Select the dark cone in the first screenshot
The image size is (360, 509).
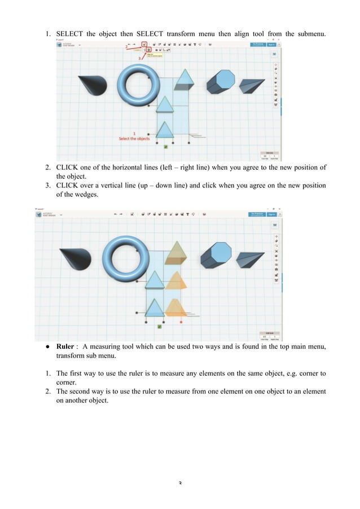[92, 85]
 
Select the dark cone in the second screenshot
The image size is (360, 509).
[76, 258]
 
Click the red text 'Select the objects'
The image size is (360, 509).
[134, 138]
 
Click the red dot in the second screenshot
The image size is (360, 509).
[181, 322]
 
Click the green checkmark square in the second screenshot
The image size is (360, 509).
[160, 326]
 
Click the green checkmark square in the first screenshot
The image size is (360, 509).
[165, 147]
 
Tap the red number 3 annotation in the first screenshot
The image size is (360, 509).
[138, 58]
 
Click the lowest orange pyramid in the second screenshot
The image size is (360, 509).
[175, 308]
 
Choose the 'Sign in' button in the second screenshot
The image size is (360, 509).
[272, 214]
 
